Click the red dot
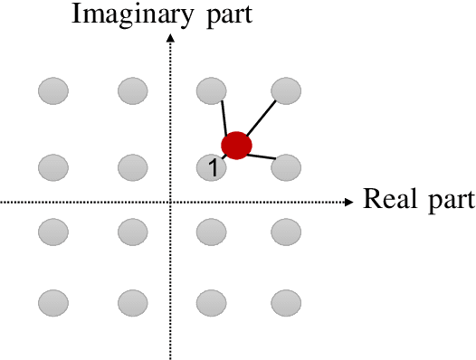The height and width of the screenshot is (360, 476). (236, 145)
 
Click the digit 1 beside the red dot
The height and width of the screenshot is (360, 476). (212, 167)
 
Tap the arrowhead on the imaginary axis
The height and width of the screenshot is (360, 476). (170, 38)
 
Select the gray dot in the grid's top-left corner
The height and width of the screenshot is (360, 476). (53, 90)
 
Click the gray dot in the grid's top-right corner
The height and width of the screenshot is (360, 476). (287, 90)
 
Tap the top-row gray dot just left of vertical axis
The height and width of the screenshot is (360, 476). (132, 90)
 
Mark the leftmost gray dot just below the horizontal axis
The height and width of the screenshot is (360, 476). (53, 232)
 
